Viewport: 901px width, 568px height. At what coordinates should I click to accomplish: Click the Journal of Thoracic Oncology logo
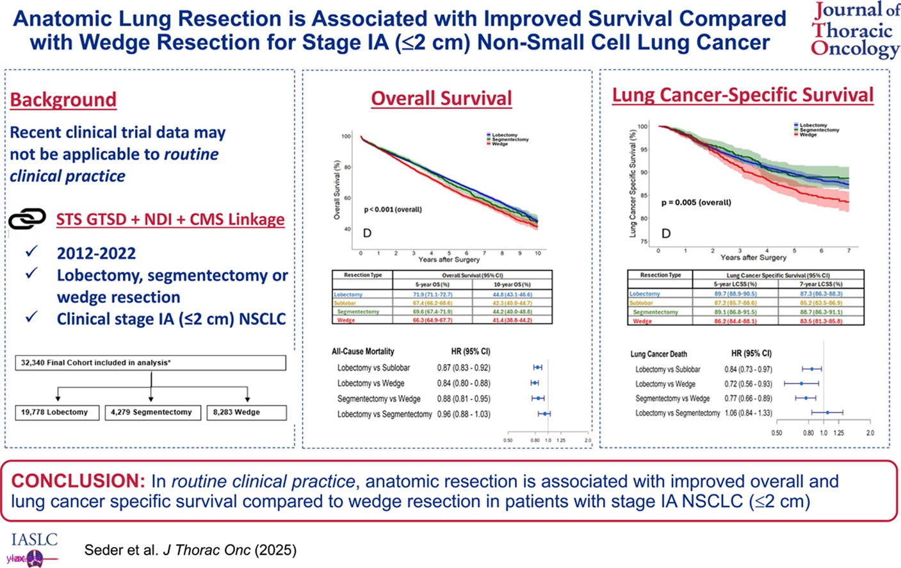(x=855, y=30)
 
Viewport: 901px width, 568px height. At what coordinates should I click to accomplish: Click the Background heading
(x=63, y=100)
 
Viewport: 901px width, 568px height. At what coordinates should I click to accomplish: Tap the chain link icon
(x=27, y=219)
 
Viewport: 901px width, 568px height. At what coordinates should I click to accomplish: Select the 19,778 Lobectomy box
(x=56, y=412)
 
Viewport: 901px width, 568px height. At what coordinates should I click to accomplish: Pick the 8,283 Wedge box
(x=247, y=412)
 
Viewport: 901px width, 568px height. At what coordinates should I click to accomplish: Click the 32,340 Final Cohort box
(x=150, y=363)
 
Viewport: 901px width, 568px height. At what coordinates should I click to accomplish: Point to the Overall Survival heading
(x=441, y=98)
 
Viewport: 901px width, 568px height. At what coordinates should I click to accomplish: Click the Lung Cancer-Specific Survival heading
(x=743, y=95)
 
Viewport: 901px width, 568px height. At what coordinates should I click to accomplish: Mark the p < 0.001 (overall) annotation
(x=393, y=210)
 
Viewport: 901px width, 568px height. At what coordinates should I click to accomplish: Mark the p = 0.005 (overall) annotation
(x=695, y=203)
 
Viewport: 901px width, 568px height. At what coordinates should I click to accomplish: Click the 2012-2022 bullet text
(x=96, y=253)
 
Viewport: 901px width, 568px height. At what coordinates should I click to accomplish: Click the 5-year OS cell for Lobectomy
(x=432, y=295)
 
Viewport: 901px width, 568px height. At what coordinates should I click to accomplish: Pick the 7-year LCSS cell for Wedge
(x=821, y=321)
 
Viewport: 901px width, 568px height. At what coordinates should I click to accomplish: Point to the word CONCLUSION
(x=78, y=481)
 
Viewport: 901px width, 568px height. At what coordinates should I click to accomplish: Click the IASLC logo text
(x=35, y=540)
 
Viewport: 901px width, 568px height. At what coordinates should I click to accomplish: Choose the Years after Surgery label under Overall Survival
(x=448, y=260)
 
